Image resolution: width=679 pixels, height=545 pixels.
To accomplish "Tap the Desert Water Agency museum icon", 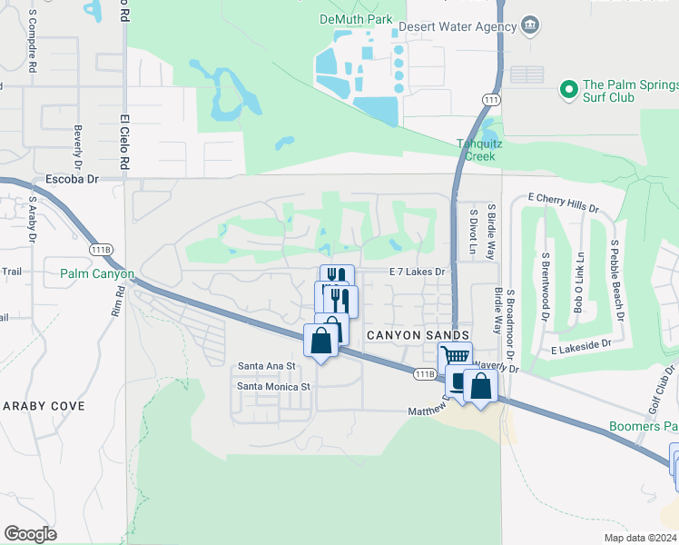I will coord(533,25).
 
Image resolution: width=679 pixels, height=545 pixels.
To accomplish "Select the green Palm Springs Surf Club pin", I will coord(569,89).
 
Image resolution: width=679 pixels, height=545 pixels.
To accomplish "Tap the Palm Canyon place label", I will coord(97,273).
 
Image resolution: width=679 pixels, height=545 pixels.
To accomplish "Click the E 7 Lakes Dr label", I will coord(418,272).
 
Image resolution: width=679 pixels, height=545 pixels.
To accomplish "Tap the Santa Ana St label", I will coord(267,366).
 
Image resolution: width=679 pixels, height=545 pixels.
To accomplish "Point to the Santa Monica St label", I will coord(274,386).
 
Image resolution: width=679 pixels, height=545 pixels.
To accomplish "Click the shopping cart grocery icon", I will coord(455,357).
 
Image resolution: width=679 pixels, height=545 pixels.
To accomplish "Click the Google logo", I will coord(30,534).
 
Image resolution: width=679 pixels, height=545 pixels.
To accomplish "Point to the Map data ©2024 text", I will coord(640,538).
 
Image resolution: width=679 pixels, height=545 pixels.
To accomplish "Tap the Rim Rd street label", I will coord(119,302).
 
